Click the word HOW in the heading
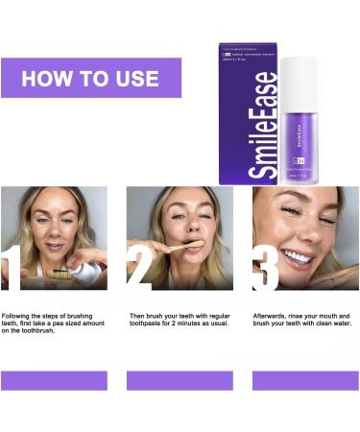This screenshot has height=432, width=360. click(47, 78)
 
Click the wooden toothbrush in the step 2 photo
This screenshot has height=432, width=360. click(188, 247)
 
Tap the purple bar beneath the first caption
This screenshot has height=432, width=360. click(54, 380)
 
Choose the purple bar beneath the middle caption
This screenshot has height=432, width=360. click(180, 380)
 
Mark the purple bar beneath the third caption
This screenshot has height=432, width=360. click(304, 380)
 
